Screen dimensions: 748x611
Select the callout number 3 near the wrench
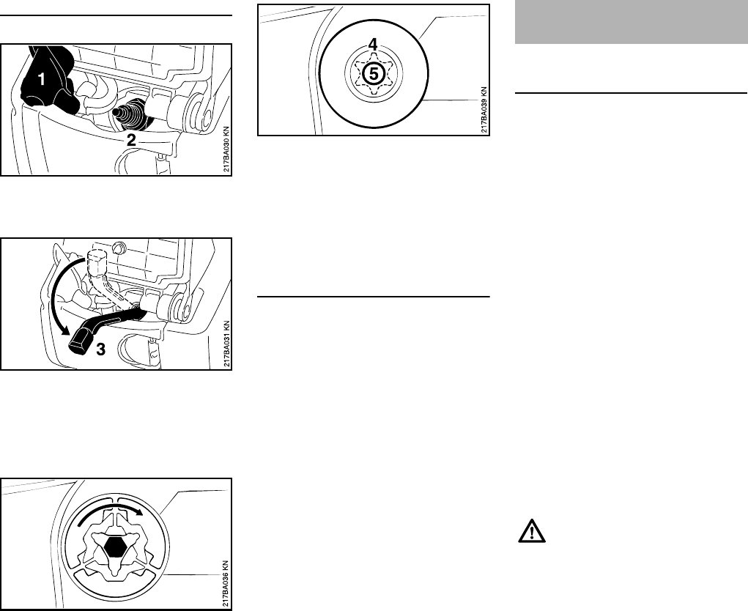(101, 350)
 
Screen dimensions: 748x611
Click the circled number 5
(373, 73)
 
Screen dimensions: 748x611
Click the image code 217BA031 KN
(226, 344)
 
